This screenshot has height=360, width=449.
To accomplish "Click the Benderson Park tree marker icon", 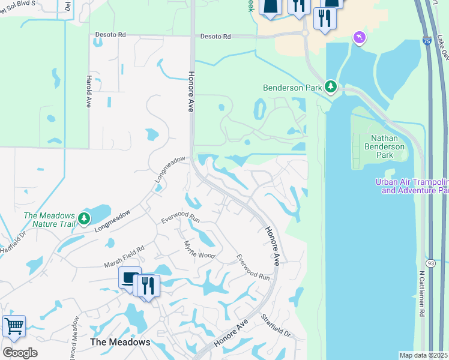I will [x=330, y=87].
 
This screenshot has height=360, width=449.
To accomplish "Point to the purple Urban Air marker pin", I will [x=359, y=38].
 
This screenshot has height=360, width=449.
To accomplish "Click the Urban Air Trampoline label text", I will [x=412, y=186].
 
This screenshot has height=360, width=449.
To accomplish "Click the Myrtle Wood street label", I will [x=199, y=247].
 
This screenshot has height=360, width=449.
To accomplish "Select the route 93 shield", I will [x=431, y=263].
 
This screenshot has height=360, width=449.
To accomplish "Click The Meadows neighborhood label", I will [x=120, y=342].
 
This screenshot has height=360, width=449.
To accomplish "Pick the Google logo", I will [x=20, y=353].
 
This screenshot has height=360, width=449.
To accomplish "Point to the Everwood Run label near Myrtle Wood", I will [x=179, y=217].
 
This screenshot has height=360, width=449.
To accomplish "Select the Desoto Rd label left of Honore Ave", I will [x=110, y=35].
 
